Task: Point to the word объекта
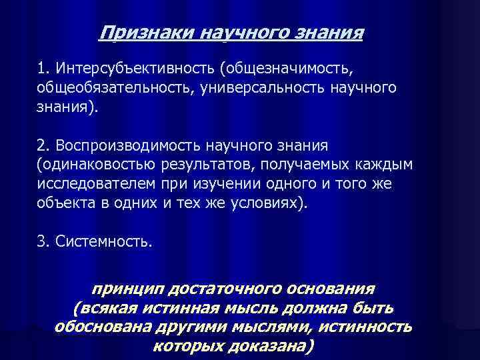65,203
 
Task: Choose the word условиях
270,203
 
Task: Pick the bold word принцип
129,289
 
